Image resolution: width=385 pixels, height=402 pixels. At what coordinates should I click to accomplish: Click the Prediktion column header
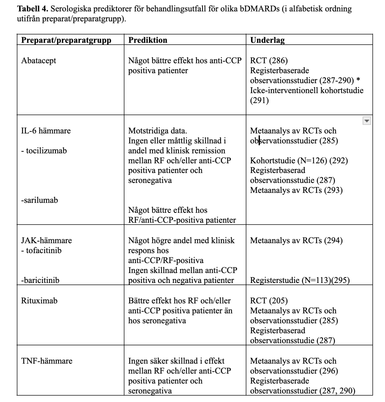click(148, 40)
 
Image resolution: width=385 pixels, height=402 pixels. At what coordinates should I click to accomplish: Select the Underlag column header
click(267, 40)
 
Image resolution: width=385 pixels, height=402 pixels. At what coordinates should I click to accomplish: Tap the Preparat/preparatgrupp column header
click(66, 40)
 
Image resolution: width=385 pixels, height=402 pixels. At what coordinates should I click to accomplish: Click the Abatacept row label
click(39, 60)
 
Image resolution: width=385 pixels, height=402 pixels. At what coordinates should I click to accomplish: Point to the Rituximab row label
click(39, 300)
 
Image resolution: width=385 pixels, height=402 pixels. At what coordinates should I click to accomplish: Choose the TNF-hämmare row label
click(47, 361)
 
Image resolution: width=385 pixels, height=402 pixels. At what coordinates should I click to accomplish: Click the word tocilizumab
click(46, 150)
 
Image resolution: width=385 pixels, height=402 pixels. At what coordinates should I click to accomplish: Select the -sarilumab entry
click(39, 200)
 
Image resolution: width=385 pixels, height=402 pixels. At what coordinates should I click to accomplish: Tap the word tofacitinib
click(43, 250)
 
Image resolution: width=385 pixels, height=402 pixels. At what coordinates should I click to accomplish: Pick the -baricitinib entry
click(40, 280)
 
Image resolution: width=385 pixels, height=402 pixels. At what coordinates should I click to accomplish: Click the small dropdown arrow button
click(366, 121)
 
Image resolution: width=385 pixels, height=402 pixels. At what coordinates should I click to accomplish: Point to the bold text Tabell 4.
click(32, 9)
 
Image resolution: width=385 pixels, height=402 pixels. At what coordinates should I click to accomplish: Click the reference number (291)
click(259, 101)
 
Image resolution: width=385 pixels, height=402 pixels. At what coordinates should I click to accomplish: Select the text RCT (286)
click(269, 60)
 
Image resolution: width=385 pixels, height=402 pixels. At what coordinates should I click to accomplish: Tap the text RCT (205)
click(269, 300)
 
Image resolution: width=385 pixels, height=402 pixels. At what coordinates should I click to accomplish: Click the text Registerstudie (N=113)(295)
click(300, 280)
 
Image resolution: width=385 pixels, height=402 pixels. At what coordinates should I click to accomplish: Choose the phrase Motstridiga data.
click(158, 131)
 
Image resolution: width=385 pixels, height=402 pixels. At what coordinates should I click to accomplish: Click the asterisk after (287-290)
click(358, 80)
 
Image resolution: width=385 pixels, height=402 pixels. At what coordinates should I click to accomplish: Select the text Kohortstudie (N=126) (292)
click(299, 160)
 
